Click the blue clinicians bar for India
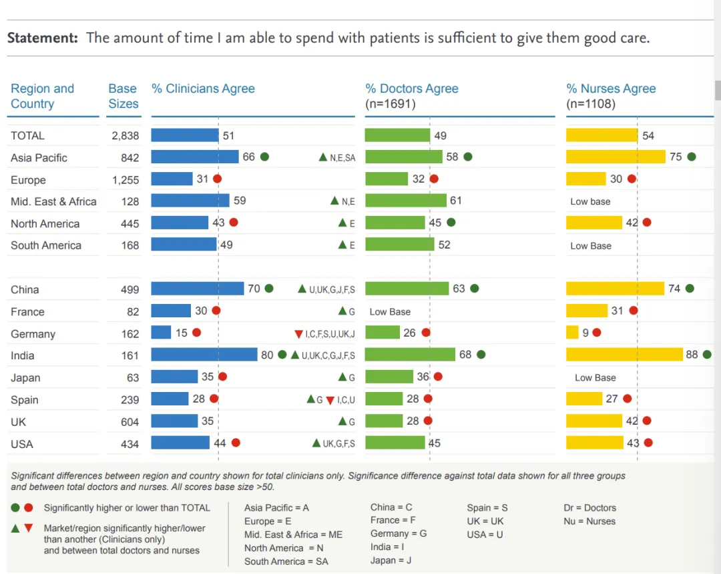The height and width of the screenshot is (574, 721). (204, 355)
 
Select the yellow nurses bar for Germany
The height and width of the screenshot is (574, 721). (572, 332)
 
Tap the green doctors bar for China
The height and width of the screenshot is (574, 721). (407, 289)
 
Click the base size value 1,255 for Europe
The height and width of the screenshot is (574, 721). (126, 180)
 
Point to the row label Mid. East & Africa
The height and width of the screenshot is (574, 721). (53, 201)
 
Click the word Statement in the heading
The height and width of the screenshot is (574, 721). (43, 38)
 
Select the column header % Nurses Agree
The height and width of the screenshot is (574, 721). (611, 89)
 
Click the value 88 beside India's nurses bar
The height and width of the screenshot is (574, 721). (692, 355)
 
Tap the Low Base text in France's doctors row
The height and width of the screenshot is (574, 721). (390, 311)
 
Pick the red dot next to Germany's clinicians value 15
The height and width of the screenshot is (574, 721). (196, 332)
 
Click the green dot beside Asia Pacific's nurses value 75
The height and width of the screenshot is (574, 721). (692, 157)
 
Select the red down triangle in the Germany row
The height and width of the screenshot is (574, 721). (298, 334)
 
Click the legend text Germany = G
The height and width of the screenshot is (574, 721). (399, 533)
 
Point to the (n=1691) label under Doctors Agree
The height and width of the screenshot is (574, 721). (391, 104)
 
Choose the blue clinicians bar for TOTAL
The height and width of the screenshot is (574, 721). (185, 135)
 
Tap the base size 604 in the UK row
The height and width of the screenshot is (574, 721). (130, 422)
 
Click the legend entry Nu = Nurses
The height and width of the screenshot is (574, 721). (589, 521)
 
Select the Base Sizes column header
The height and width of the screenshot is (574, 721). (124, 96)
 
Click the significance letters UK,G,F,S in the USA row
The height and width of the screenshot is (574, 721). (338, 443)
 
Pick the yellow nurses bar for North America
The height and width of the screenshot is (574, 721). (594, 223)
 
